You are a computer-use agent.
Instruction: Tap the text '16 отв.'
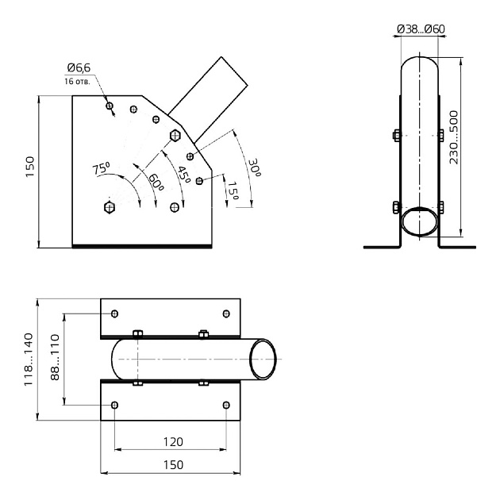coord(78,81)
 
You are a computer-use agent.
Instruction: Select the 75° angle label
coord(101,168)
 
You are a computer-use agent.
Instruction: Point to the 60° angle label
coord(156,181)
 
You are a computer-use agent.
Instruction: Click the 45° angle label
coord(183,174)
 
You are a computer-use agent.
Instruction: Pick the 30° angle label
coord(254,167)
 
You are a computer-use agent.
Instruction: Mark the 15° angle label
coord(232,191)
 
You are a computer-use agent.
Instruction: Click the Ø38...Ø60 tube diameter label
coord(420,29)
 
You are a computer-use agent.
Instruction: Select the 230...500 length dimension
coord(454,136)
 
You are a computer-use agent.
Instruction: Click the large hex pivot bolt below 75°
coord(110,208)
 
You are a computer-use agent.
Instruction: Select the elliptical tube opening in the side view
coord(420,221)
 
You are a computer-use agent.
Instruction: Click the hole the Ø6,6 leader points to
coord(110,106)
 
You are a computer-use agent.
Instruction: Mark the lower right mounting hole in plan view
coord(226,406)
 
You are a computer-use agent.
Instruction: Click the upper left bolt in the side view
coord(396,135)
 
